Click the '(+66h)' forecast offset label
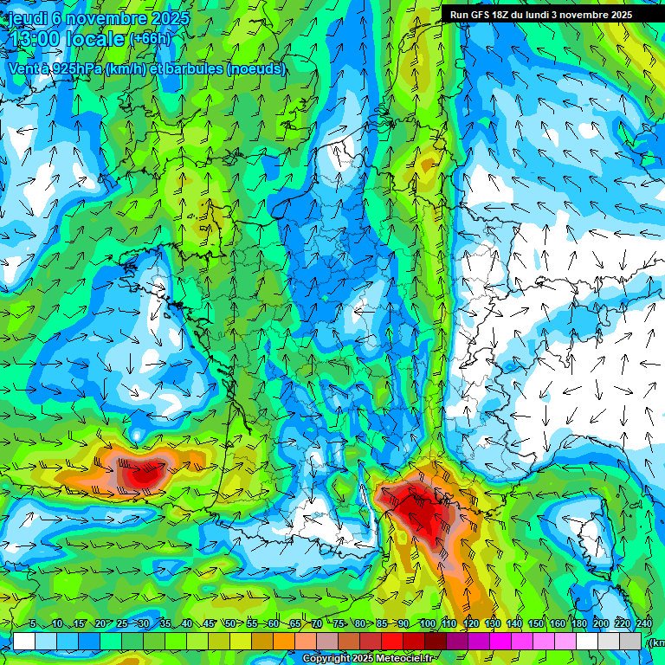coord(150,39)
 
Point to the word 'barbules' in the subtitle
coord(192,68)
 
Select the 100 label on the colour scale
coord(427,624)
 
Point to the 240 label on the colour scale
coord(643,624)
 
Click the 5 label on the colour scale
coord(33,624)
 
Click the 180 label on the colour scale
coord(578,624)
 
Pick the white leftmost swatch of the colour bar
coord(24,641)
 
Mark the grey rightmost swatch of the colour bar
coord(630,641)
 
